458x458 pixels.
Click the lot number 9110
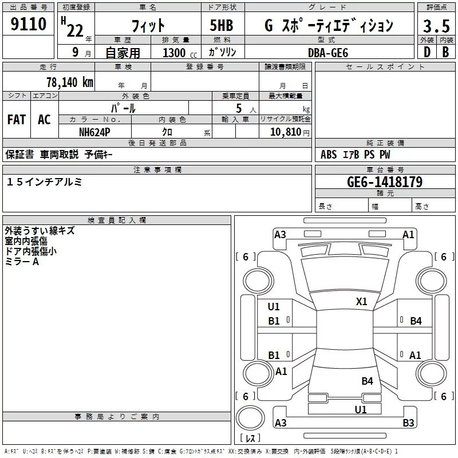(x=29, y=24)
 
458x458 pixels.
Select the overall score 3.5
(x=436, y=26)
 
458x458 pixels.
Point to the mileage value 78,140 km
(x=69, y=82)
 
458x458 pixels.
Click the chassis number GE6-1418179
(x=385, y=182)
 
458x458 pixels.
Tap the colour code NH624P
(x=95, y=132)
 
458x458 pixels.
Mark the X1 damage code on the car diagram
(x=362, y=302)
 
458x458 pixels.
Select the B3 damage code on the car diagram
(x=408, y=423)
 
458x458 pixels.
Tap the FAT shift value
(x=17, y=120)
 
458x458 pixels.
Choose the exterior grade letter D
(x=427, y=52)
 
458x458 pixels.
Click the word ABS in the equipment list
(x=329, y=155)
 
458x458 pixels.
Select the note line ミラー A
(x=22, y=262)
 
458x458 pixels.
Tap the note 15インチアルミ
(x=45, y=181)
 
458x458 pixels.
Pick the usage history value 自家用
(x=123, y=53)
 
